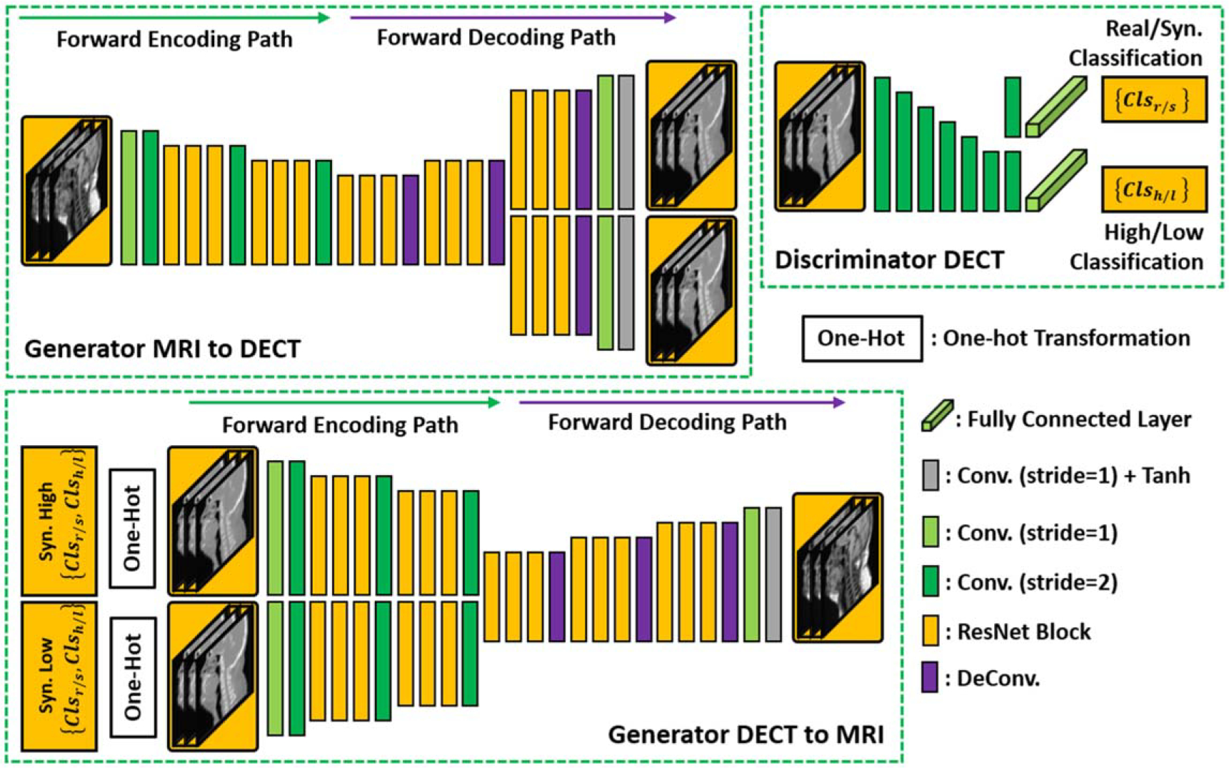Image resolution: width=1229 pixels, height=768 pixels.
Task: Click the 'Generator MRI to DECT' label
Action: coord(162,349)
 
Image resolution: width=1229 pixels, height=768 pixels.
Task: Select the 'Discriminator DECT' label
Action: coord(889,260)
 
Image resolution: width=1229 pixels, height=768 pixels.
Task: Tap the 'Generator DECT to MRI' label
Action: coord(746,734)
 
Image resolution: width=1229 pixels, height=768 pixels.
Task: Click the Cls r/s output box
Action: coord(1153,99)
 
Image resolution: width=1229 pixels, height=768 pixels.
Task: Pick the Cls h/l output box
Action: coord(1153,189)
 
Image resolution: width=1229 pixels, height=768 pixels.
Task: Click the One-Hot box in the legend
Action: coord(861,338)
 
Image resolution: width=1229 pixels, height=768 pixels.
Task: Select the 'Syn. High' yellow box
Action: coord(59,522)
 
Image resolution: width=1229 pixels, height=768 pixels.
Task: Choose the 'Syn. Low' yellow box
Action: coord(59,676)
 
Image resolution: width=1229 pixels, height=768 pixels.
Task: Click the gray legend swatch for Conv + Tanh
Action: coord(930,475)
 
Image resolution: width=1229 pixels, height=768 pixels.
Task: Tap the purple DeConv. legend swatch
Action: coord(930,677)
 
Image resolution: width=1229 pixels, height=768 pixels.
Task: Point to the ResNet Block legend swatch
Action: coord(930,631)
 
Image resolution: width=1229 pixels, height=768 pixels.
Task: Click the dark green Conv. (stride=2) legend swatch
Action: coord(930,582)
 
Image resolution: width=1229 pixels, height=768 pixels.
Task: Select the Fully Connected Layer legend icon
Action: coord(936,416)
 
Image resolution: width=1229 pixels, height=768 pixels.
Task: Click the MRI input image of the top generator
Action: coord(66,191)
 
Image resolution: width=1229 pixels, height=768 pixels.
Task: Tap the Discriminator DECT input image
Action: coord(820,136)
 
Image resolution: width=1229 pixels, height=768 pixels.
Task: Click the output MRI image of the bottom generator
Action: coord(838,567)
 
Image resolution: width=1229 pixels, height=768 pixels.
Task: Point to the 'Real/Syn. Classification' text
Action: coord(1135,44)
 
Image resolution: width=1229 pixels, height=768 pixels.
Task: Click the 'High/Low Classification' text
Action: coord(1136,246)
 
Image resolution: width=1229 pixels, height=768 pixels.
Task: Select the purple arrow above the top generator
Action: coord(512,18)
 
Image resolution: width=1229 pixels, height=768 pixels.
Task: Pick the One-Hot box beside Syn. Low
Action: coord(133,677)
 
